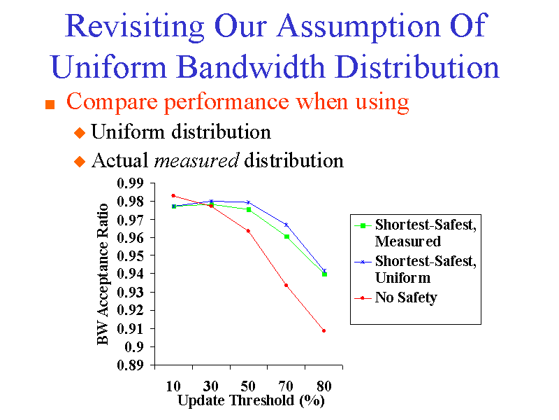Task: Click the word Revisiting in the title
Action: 134,27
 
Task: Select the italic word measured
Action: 196,160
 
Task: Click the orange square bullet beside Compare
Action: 50,104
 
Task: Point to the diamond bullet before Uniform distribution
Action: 78,132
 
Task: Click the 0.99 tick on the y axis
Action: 131,183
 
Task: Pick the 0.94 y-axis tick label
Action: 131,274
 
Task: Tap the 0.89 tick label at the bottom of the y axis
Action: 131,365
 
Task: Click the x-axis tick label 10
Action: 173,386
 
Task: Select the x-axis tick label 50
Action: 248,386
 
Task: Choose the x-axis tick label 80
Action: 324,386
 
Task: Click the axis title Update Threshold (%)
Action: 251,401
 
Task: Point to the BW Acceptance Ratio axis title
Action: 103,274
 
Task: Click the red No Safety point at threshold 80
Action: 324,330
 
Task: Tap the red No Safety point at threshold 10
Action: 173,195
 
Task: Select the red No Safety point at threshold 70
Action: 286,285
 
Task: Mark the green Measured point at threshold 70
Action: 286,237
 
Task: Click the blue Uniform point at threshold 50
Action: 248,202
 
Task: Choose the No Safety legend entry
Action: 405,297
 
